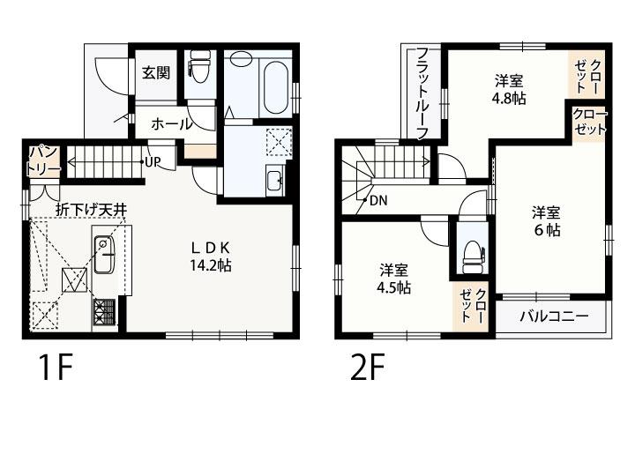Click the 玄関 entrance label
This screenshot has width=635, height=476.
pos(156,73)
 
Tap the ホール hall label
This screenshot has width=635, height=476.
pos(171,124)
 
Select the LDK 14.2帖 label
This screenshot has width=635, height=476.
pos(211,257)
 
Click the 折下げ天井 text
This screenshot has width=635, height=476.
pos(91,210)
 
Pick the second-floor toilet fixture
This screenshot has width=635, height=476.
pos(473,257)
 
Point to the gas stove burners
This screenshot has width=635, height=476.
pos(105,312)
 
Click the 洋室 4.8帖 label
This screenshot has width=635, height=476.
pos(509,89)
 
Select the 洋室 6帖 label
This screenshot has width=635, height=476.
pos(547,221)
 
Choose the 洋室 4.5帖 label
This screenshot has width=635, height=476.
pos(393,279)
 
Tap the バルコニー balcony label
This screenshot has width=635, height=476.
pos(554,316)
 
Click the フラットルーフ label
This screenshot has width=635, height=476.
pos(422,93)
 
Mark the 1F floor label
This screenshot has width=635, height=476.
pos(56,367)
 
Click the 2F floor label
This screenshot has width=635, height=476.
pos(368,367)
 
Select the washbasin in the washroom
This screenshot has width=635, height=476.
pos(275,181)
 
